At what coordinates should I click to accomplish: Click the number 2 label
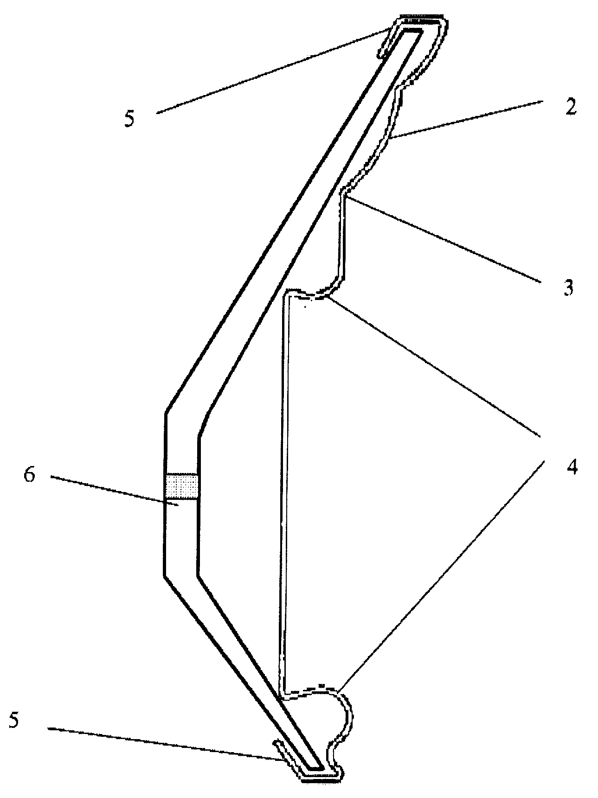coord(570,107)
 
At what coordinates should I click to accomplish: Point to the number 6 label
coord(30,476)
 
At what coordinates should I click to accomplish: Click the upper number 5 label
coord(129,119)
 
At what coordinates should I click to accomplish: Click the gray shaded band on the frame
coord(181,486)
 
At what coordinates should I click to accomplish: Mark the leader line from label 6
coord(111,491)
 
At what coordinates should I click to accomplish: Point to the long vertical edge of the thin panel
coord(283,492)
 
